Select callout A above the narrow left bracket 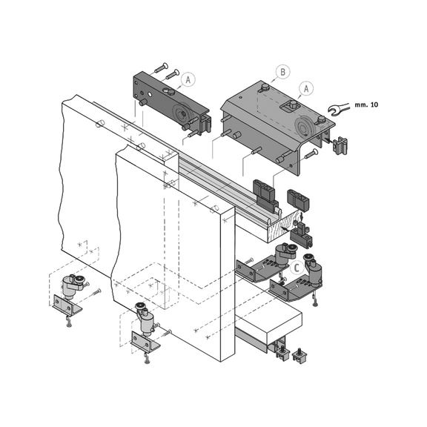188,77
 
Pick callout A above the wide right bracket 302,87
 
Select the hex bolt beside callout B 263,90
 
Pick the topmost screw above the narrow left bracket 162,69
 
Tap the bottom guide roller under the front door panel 145,320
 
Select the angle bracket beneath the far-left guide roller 67,304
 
